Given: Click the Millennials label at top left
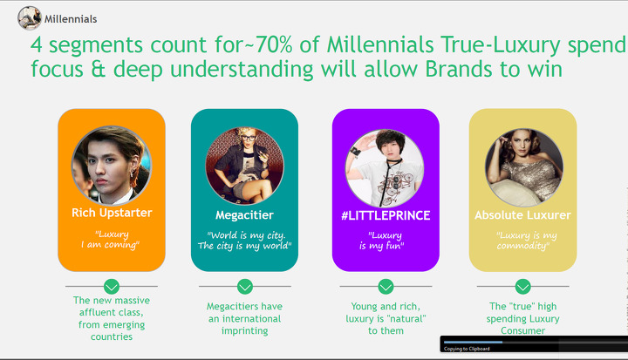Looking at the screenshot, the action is [x=71, y=19].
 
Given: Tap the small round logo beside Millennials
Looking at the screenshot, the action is [x=30, y=18].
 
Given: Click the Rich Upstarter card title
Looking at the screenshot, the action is [x=112, y=213].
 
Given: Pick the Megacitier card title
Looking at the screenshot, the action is [x=244, y=215].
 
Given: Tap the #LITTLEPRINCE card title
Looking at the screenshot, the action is [x=386, y=215].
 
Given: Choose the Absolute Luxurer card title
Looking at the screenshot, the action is [x=522, y=215].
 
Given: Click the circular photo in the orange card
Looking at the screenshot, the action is [x=112, y=166].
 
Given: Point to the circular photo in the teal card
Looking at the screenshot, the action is [x=244, y=166].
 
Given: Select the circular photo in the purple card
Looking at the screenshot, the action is [x=385, y=168].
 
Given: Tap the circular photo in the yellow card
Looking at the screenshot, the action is [x=524, y=167].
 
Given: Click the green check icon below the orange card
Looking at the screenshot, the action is [x=112, y=286].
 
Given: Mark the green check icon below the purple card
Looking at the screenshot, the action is [x=386, y=286].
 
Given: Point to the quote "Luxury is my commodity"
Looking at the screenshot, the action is [x=525, y=241].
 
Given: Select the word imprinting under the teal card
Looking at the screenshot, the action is [x=245, y=330].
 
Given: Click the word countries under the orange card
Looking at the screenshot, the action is [x=112, y=336].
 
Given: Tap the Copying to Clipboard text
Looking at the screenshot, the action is [x=467, y=349].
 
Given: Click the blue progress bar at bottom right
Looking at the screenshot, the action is [x=473, y=342].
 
